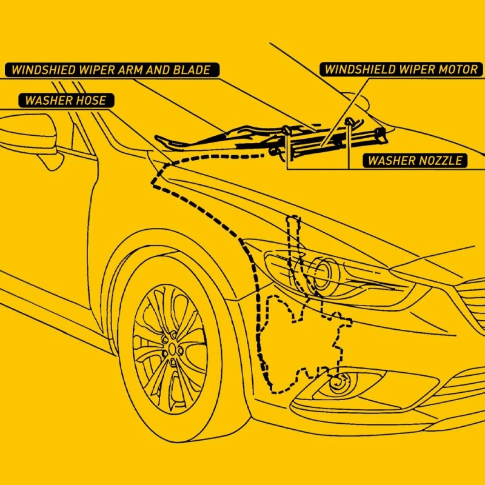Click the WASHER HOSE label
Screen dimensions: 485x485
(66, 101)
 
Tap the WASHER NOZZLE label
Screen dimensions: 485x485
(415, 161)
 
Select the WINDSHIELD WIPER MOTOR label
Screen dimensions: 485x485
(401, 70)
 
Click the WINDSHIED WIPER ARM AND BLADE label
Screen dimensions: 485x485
(112, 70)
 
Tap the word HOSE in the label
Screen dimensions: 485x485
(92, 101)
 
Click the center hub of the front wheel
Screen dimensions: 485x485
(172, 349)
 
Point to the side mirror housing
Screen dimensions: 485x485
(28, 133)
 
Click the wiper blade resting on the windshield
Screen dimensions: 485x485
(216, 139)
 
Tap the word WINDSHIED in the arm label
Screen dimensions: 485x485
(43, 70)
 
